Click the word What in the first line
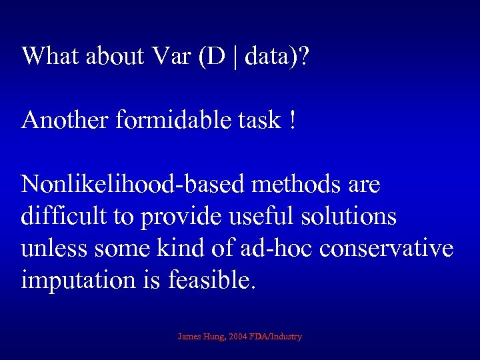[x=51, y=56]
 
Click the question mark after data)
[x=303, y=56]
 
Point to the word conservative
[x=387, y=249]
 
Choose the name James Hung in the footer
[x=199, y=337]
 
